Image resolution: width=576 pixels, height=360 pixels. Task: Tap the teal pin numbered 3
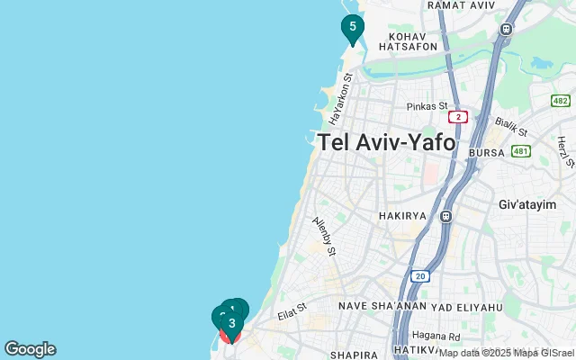[x=231, y=324]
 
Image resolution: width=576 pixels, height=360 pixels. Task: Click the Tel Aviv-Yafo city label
[x=386, y=142]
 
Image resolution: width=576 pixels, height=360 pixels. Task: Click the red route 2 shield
[x=459, y=117]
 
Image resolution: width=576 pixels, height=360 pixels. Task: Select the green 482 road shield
[x=561, y=100]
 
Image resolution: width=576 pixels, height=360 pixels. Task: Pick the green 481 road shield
[x=521, y=151]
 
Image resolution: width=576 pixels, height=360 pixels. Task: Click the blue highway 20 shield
[x=419, y=276]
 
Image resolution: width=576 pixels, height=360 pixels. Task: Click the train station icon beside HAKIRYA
[x=445, y=217]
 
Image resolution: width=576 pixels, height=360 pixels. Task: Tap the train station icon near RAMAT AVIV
[x=507, y=29]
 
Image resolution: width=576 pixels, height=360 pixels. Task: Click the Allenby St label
[x=324, y=236]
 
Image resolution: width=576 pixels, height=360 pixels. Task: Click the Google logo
[x=30, y=349]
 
